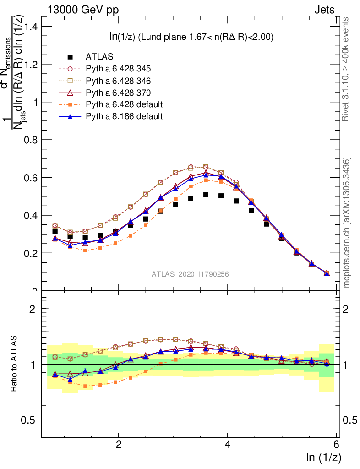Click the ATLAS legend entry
point(99,57)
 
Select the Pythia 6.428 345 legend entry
point(118,69)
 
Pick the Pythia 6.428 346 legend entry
point(118,81)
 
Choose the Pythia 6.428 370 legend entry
point(118,93)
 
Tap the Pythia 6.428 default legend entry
point(124,104)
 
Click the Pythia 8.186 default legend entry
point(124,116)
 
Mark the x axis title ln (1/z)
point(324,457)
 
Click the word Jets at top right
point(324,10)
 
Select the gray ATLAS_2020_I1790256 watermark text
point(190,274)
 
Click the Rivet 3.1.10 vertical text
point(347,69)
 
